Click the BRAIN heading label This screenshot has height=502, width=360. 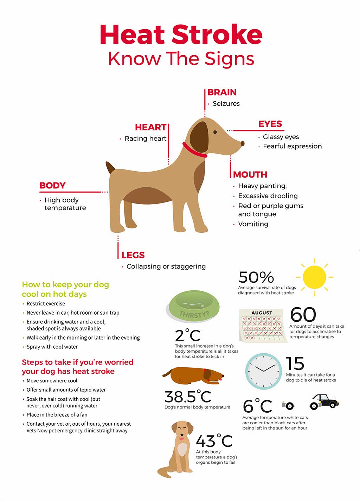coord(222,92)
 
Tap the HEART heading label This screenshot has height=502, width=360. coord(150,127)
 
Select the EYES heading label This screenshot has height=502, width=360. coord(270,124)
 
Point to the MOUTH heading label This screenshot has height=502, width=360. coord(250,175)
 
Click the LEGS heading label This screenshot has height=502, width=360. coord(133,255)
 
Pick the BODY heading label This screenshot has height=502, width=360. coord(52,186)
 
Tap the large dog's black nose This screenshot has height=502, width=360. coord(242,143)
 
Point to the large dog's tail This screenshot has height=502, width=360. coord(111,168)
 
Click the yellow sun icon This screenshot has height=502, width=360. coord(314,277)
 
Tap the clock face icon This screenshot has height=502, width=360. coord(263,371)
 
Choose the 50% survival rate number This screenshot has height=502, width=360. coord(256,277)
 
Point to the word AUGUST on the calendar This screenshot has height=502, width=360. coord(262,313)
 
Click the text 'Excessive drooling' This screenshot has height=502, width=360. coord(268,196)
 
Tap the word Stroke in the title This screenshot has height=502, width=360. coord(217,35)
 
